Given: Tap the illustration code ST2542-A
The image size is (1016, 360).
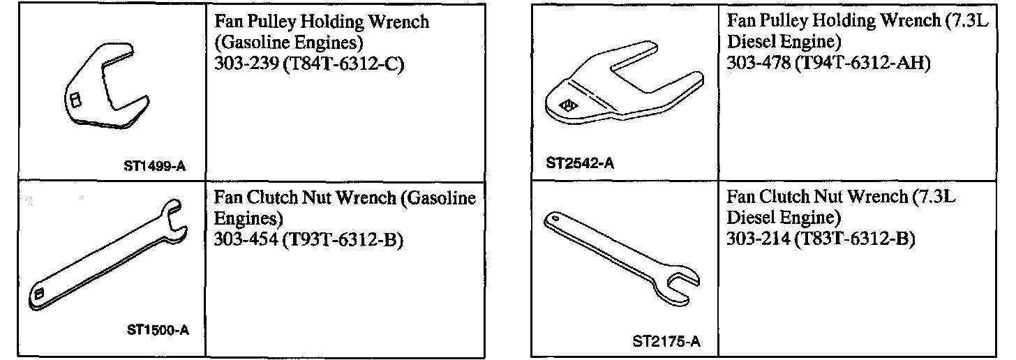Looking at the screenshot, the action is (580, 163).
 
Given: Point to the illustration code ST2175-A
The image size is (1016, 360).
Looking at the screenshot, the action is (666, 342).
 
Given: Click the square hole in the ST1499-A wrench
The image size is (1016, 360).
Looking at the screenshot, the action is (75, 100).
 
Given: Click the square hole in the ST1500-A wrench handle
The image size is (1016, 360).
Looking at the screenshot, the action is (39, 294).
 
